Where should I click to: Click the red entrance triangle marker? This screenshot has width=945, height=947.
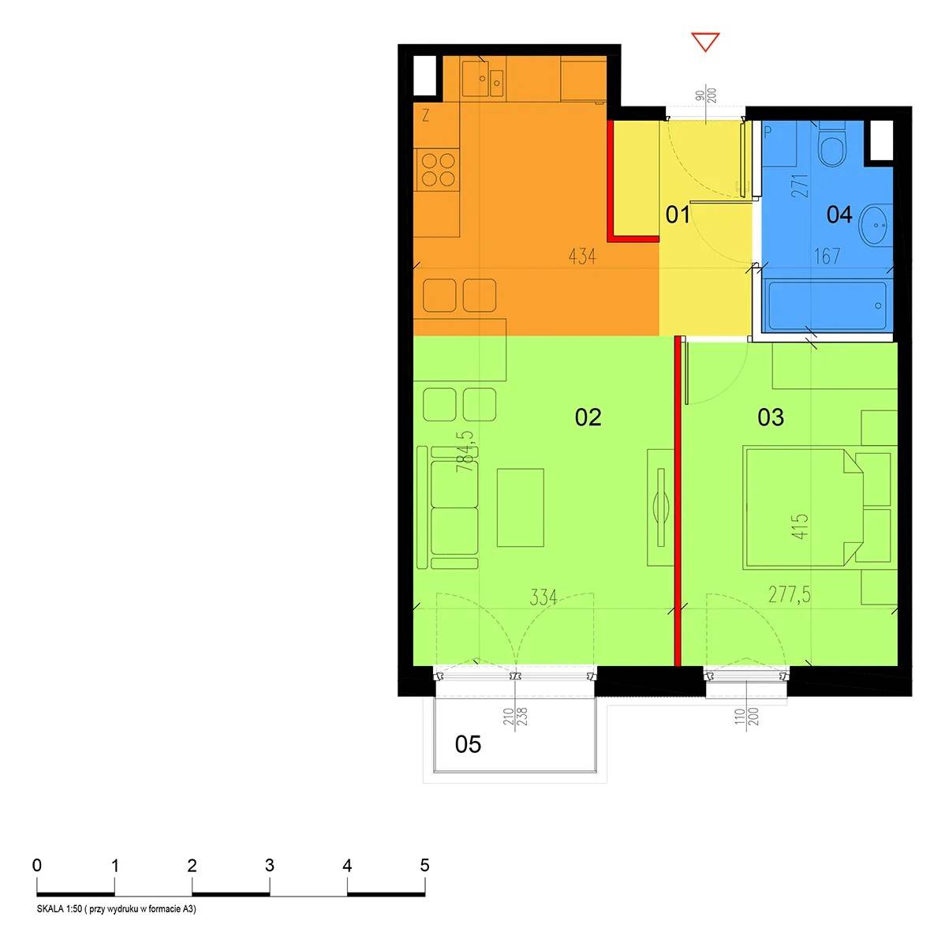click(x=705, y=41)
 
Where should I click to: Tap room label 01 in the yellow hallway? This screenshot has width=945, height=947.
click(x=677, y=215)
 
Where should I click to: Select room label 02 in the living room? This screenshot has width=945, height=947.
click(x=588, y=417)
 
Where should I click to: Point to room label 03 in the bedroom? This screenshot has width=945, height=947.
click(x=771, y=417)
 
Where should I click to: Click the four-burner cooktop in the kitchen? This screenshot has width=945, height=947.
click(x=438, y=170)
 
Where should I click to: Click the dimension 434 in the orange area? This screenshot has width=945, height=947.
click(x=582, y=256)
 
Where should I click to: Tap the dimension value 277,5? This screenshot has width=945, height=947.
click(x=790, y=595)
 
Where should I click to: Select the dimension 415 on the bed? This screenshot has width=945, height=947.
click(x=800, y=526)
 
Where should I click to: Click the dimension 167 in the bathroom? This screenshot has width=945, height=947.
click(x=827, y=256)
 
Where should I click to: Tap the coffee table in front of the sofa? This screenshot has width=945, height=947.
click(x=521, y=507)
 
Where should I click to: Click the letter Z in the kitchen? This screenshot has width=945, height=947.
click(x=426, y=115)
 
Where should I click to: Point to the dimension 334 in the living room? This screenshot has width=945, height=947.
click(x=543, y=597)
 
